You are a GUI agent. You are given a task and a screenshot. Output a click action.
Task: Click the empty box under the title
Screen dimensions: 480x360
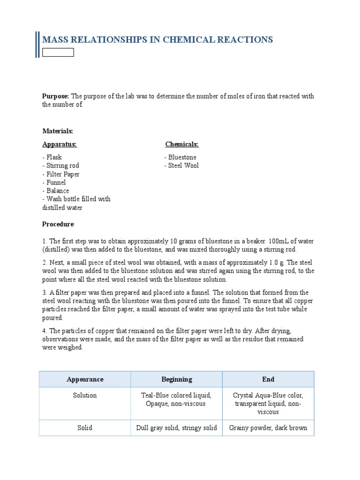point(58,52)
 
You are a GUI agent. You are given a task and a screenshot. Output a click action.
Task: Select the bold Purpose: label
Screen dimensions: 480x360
point(56,96)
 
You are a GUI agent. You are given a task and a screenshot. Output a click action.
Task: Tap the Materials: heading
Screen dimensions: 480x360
point(58,131)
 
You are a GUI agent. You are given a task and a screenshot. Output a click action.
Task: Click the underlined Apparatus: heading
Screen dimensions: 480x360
point(60,144)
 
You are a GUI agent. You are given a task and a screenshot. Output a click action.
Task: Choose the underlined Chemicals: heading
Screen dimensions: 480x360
point(182,144)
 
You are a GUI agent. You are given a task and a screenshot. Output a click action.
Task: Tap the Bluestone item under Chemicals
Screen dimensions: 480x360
point(181,157)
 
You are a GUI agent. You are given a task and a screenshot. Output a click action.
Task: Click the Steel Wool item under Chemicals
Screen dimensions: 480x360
point(182,165)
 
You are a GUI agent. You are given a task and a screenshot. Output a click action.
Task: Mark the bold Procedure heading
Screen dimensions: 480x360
point(58,224)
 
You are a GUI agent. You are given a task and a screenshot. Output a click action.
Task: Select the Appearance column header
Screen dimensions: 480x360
point(85,379)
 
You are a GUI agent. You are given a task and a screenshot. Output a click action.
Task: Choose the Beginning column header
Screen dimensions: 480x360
point(177,379)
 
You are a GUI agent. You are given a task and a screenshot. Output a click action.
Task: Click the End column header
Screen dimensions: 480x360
point(268,379)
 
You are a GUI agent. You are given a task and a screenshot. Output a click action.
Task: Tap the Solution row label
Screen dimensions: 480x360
point(85,395)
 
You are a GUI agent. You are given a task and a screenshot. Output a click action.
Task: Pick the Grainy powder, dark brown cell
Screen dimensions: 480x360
point(268,427)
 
